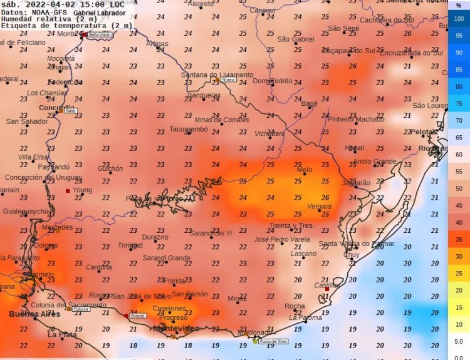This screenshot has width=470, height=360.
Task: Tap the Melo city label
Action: [x=305, y=170]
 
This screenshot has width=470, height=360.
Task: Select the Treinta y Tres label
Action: [x=290, y=225]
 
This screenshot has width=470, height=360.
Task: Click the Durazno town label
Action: [x=155, y=237]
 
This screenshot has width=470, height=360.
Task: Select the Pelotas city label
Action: [x=424, y=132]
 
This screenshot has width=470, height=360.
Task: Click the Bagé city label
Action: [x=309, y=103]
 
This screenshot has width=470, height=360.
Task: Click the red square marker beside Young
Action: [x=68, y=190]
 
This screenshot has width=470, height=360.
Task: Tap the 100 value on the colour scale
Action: [x=459, y=19]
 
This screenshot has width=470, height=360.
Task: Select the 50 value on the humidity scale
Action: [x=459, y=188]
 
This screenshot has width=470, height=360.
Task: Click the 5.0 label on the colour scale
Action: [x=459, y=342]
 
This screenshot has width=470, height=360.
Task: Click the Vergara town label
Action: [x=319, y=207]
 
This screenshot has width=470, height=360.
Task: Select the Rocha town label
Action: [x=295, y=306]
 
